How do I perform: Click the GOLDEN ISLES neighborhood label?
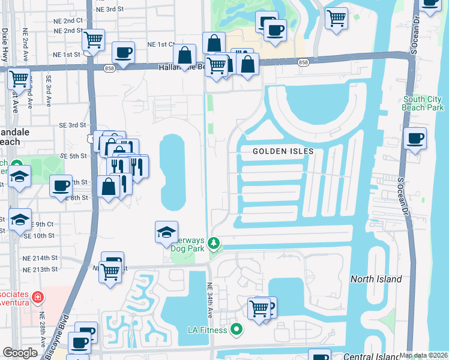click(x=283, y=151)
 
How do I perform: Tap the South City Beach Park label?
click(x=423, y=103)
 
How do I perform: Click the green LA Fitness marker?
click(x=237, y=329)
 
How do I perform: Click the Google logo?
click(x=20, y=352)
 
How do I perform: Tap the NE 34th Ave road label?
click(x=211, y=300)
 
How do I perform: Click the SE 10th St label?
click(x=40, y=236)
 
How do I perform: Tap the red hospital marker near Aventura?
click(x=38, y=296)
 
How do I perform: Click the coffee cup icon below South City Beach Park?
click(x=415, y=139)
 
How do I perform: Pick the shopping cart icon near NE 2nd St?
click(x=93, y=40)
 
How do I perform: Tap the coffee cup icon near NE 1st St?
click(x=123, y=52)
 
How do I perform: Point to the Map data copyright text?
click(x=423, y=355)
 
